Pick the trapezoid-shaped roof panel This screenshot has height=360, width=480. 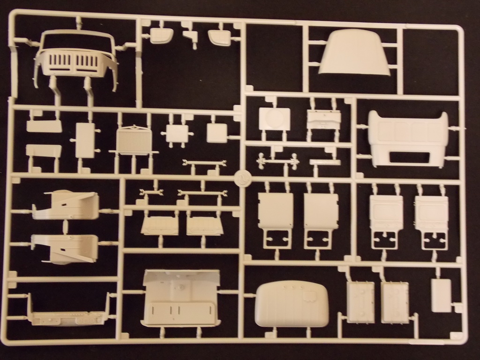tap(354, 52)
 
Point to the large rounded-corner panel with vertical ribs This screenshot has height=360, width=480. tap(291, 304)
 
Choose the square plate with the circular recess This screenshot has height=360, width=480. tap(274, 119)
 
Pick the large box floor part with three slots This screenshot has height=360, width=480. tap(181, 299)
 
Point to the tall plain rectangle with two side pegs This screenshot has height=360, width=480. tap(85, 140)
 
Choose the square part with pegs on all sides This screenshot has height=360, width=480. tap(177, 134)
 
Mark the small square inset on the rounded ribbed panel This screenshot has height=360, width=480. tap(310, 296)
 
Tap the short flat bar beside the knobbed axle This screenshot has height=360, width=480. tap(325, 162)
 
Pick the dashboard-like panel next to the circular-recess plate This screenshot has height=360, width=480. tap(323, 120)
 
